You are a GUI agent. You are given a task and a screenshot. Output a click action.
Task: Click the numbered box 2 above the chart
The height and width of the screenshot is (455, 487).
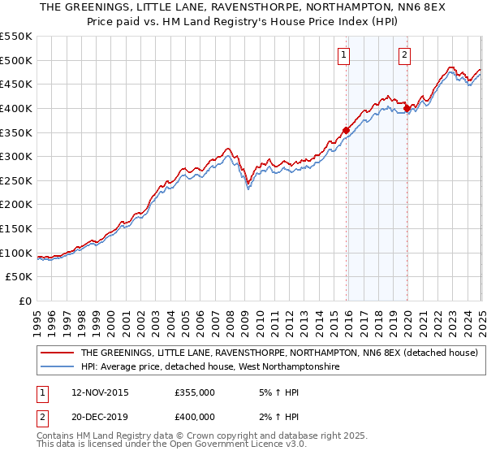[x=404, y=55]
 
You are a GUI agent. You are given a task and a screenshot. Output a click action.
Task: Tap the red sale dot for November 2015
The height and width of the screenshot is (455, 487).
[x=346, y=130]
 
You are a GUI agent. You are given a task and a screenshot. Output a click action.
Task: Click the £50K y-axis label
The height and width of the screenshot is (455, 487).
[x=19, y=277]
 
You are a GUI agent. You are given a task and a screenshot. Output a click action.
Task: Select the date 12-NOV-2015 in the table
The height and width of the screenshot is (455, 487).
[x=100, y=392]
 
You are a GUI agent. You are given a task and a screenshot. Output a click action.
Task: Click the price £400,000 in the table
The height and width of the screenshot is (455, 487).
[x=194, y=418]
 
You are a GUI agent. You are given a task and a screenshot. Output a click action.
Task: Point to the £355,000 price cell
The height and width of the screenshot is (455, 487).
[x=194, y=392]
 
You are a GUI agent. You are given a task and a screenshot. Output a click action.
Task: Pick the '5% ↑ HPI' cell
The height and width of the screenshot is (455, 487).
[x=276, y=392]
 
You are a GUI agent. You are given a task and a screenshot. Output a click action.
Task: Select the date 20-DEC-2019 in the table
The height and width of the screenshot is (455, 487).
[x=100, y=418]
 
